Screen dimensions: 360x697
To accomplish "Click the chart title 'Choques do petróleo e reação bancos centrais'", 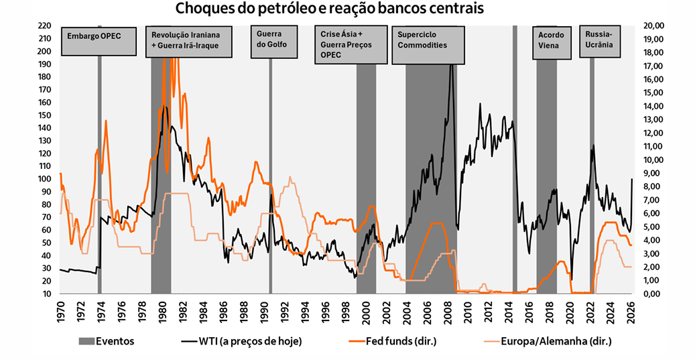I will point(329,9).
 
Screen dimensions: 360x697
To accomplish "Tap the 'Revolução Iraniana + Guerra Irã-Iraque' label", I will point(190,42).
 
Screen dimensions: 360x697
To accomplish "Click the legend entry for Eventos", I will point(107,341).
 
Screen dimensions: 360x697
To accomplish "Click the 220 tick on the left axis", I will point(44,25).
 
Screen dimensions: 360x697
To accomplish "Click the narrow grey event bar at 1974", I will point(100,201).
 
